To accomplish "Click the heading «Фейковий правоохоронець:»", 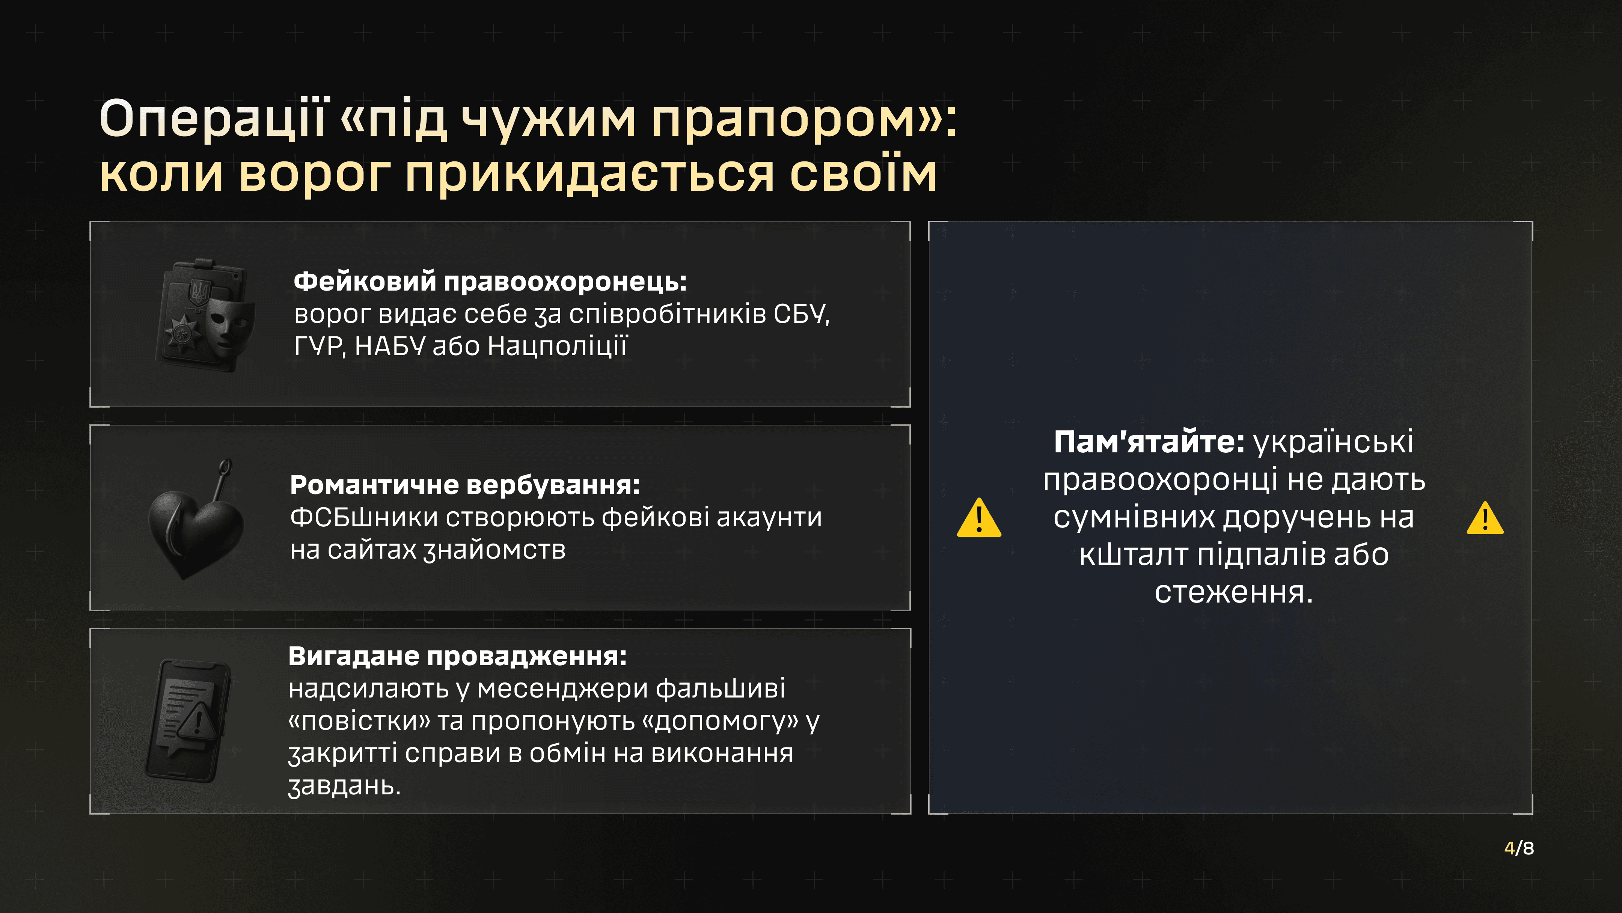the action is (490, 282).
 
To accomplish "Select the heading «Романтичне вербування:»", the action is (465, 485).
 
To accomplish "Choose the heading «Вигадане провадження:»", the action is (458, 657).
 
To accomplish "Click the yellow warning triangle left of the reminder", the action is (978, 518).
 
